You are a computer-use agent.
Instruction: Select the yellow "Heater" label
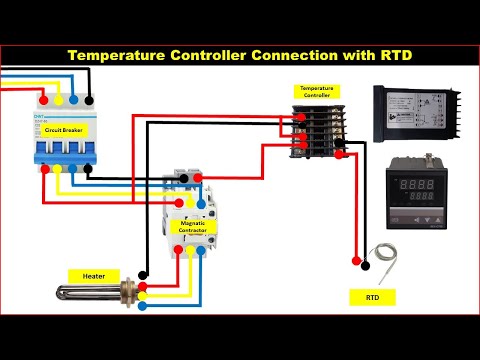93,274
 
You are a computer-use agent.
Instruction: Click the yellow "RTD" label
372,297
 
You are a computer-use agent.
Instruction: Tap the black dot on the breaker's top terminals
89,100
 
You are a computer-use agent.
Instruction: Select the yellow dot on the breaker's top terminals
56,100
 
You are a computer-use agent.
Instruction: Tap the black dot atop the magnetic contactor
183,176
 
